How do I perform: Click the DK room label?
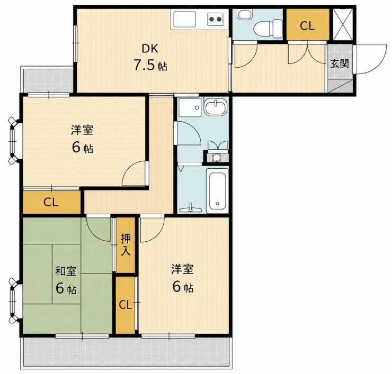pyautogui.click(x=150, y=49)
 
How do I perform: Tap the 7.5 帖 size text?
pyautogui.click(x=150, y=66)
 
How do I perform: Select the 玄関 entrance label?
pyautogui.click(x=340, y=63)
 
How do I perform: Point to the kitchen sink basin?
pyautogui.click(x=184, y=19)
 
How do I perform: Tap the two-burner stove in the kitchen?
pyautogui.click(x=215, y=19)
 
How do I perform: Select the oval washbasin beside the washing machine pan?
pyautogui.click(x=216, y=107)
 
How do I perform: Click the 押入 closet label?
pyautogui.click(x=125, y=245)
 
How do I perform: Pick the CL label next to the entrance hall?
pyautogui.click(x=307, y=26)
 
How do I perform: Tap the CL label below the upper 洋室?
pyautogui.click(x=51, y=203)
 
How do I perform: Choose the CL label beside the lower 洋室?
pyautogui.click(x=125, y=305)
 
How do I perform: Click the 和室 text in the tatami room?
pyautogui.click(x=66, y=271)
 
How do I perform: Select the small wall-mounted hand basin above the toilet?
pyautogui.click(x=243, y=14)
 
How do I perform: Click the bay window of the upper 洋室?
pyautogui.click(x=13, y=141)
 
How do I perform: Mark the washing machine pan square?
pyautogui.click(x=190, y=107)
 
